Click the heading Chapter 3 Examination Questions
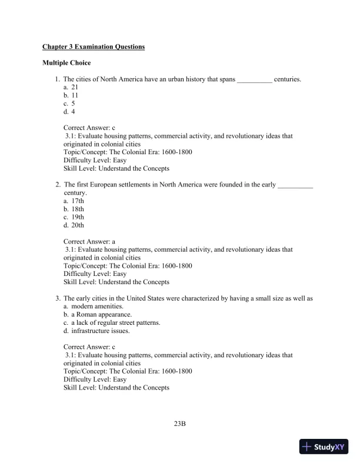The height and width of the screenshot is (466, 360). tap(94, 46)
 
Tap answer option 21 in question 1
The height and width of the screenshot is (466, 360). tap(75, 86)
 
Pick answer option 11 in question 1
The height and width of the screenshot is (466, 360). tap(75, 95)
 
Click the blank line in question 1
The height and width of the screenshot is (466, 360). tap(254, 79)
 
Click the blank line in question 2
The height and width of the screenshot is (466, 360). tap(295, 185)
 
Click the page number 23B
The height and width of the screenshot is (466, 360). tap(179, 423)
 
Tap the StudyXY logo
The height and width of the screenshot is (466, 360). tap(324, 447)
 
